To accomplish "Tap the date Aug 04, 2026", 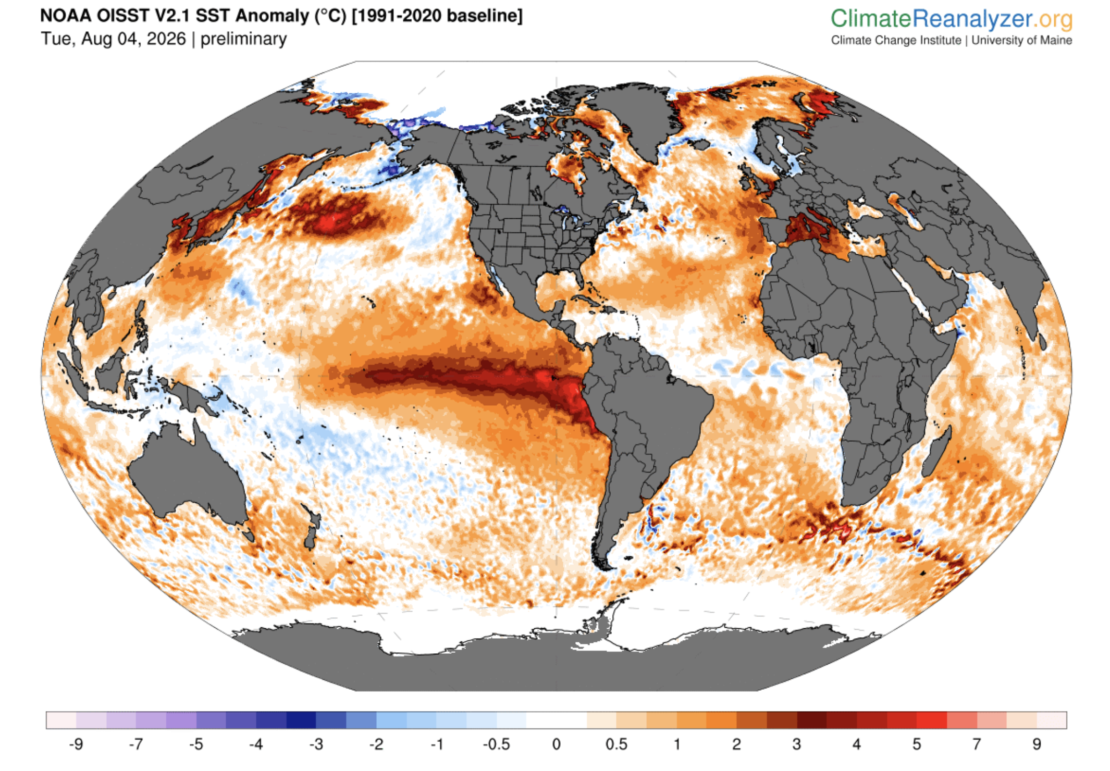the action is coord(133,39).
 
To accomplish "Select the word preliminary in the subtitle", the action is coord(243,39).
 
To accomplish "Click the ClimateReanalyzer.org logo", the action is coord(951,19).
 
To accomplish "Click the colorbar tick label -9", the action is coord(76,744).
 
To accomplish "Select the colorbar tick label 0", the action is coord(556,744).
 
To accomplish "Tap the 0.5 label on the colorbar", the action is coord(616,744).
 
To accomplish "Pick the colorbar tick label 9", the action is coord(1037,744).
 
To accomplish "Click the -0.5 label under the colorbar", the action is coord(496,744).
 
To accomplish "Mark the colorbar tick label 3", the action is coord(796,744).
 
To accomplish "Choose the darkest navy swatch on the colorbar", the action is coord(301,720).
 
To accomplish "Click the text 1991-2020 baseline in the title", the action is coord(436,16).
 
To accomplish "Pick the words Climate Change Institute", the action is coord(896,40).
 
